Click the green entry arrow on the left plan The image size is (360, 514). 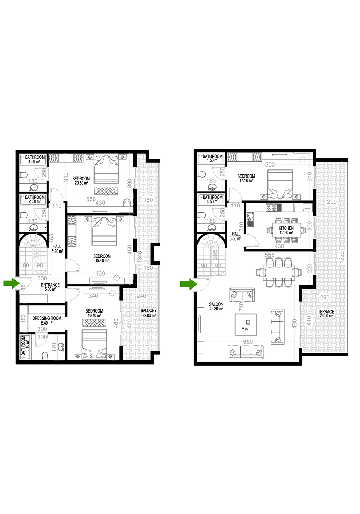click(11, 284)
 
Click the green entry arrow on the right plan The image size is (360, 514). click(189, 284)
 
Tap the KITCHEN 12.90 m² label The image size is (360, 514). click(286, 230)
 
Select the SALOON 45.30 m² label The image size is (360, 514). click(216, 307)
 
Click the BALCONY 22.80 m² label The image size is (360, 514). click(149, 313)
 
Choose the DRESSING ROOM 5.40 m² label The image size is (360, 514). click(47, 320)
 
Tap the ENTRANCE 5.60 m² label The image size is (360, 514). click(50, 287)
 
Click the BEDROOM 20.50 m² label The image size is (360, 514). click(81, 181)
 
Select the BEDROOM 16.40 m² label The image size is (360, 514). click(94, 313)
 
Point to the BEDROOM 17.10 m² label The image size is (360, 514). click(246, 178)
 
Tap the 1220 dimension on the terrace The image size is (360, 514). click(342, 259)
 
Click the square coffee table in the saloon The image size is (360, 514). click(245, 325)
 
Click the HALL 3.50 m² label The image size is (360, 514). click(236, 236)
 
